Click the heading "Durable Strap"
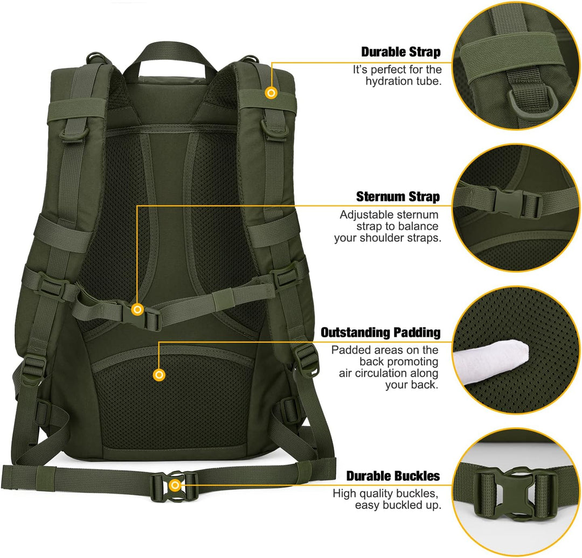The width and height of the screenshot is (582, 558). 401,52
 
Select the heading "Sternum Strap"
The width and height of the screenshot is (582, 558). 398,196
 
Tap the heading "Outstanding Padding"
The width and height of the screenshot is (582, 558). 380,333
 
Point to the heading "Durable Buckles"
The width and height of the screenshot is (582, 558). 393,476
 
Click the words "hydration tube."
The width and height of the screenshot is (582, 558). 404,81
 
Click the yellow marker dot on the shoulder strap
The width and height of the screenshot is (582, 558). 271,93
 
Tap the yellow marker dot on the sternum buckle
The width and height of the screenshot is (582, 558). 138,309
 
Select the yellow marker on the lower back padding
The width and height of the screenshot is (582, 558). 159,375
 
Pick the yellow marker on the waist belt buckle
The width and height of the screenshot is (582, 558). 175,485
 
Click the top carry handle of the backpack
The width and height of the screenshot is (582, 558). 170,55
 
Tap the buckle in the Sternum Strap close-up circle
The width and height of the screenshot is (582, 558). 516,202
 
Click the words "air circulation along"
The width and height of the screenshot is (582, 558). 388,373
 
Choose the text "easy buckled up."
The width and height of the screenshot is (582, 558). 398,505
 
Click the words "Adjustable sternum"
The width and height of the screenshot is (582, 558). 389,215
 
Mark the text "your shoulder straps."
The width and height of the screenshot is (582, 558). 387,238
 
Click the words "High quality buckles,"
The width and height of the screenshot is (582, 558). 386,493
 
